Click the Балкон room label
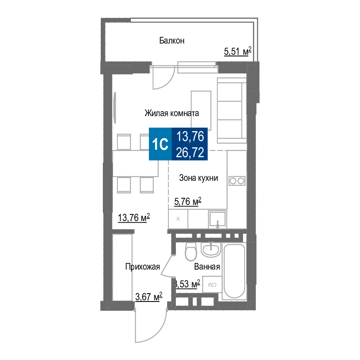[172, 41]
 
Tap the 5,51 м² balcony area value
[238, 51]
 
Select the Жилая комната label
[172, 113]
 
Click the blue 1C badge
[160, 144]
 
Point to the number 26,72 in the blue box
[190, 153]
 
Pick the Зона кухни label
[198, 178]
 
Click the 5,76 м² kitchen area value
[187, 201]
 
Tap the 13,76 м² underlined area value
[134, 217]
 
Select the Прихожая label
[142, 267]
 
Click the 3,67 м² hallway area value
[148, 297]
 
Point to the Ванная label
[207, 267]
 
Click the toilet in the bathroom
[191, 251]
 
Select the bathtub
[234, 271]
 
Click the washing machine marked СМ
[212, 285]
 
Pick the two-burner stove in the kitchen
[237, 181]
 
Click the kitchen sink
[217, 219]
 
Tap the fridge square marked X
[178, 219]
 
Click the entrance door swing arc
[151, 325]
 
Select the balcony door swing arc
[164, 78]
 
